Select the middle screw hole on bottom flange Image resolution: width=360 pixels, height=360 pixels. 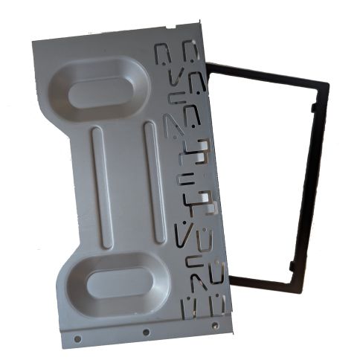[147, 332]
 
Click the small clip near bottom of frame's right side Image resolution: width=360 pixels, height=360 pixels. [294, 264]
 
